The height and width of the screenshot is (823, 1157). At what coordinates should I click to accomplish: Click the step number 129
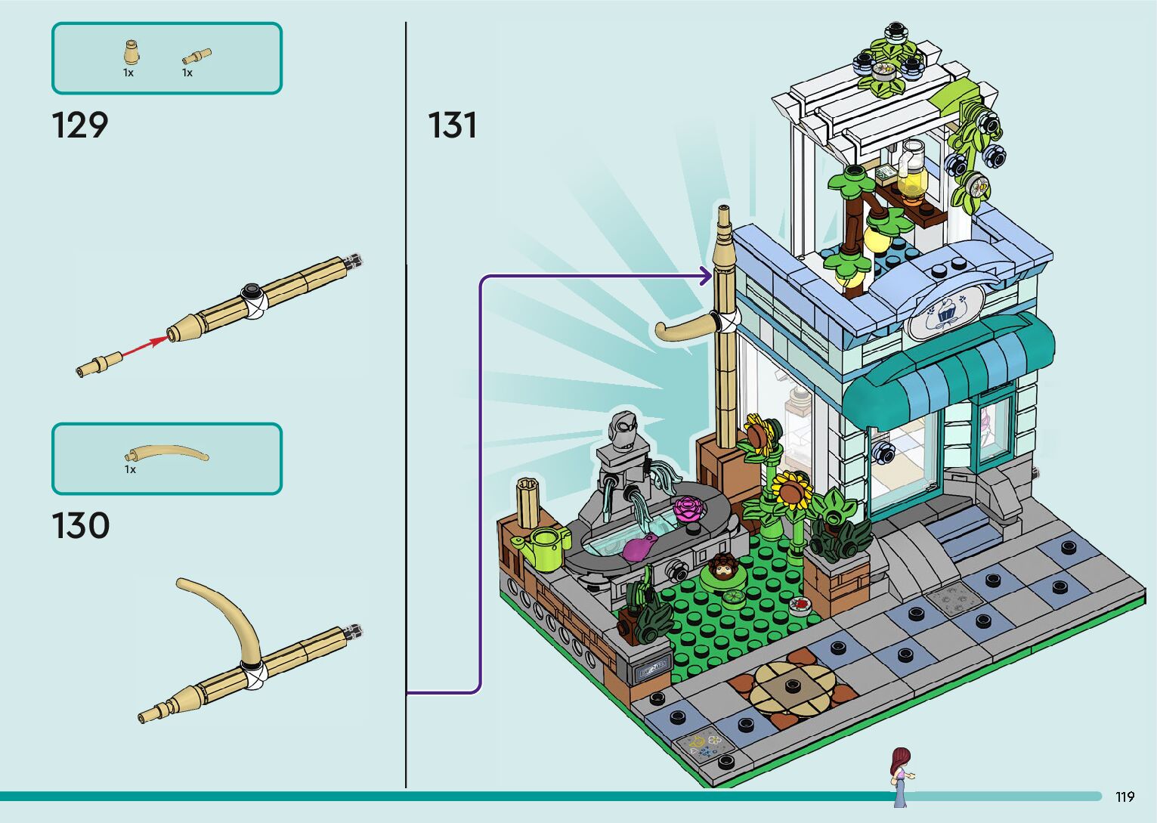pyautogui.click(x=80, y=125)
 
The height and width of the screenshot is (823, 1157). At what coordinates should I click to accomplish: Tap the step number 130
pyautogui.click(x=80, y=526)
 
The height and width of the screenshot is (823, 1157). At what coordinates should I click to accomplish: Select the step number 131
pyautogui.click(x=452, y=125)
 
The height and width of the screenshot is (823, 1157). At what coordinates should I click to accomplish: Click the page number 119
pyautogui.click(x=1125, y=797)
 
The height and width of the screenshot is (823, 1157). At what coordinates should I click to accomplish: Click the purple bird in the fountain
pyautogui.click(x=639, y=546)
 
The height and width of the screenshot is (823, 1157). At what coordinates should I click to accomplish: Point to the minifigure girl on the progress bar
pyautogui.click(x=899, y=775)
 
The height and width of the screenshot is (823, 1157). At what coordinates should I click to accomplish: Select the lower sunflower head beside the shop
pyautogui.click(x=791, y=489)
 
